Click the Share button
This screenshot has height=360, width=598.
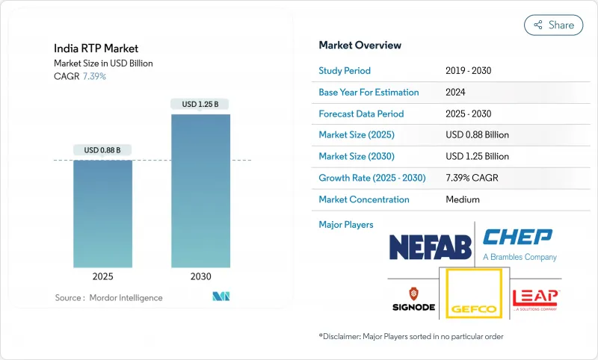click(x=553, y=25)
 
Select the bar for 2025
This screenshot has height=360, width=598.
click(x=103, y=212)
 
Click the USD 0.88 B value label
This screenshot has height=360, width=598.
click(x=103, y=150)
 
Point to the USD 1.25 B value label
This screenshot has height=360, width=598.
click(x=200, y=105)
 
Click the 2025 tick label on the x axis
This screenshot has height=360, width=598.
click(x=103, y=276)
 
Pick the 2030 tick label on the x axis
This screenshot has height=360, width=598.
click(x=200, y=276)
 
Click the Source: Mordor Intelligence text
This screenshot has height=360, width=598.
click(x=108, y=297)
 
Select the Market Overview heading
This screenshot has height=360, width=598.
click(x=360, y=46)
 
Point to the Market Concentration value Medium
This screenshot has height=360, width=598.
click(x=463, y=199)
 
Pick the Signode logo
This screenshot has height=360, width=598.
click(x=412, y=297)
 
